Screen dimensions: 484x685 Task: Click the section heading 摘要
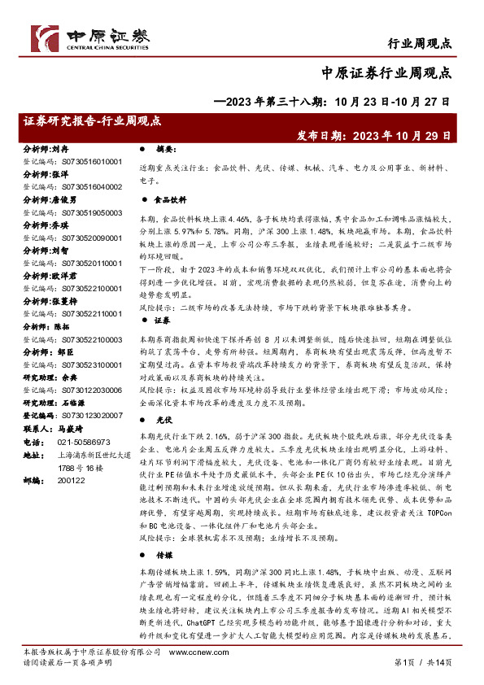click(166, 150)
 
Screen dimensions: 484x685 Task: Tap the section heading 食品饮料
click(171, 199)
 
